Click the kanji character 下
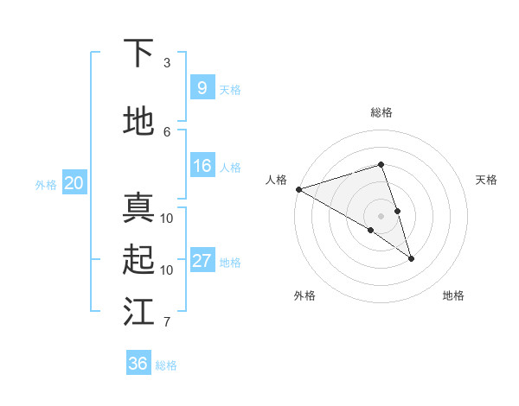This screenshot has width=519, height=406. (138, 53)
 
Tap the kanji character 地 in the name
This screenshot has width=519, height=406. (138, 121)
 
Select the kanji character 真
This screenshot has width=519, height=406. (138, 208)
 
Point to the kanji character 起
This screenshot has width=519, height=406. (138, 259)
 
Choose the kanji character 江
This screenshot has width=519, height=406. (138, 312)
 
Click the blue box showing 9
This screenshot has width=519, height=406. (202, 87)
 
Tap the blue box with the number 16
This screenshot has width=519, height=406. (202, 166)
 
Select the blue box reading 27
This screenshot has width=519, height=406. (202, 261)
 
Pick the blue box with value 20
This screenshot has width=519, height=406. (74, 183)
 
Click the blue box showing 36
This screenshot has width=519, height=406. (138, 364)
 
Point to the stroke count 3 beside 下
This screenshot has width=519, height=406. (167, 63)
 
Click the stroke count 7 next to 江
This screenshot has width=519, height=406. (167, 322)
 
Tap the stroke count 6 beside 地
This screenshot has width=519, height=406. (167, 131)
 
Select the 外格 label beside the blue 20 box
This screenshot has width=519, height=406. (46, 184)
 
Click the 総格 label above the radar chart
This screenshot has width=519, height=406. (381, 112)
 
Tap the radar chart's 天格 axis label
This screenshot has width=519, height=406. (487, 180)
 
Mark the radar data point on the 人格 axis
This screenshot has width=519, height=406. (298, 188)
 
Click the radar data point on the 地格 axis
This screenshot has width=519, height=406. (411, 257)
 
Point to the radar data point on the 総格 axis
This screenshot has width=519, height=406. (381, 164)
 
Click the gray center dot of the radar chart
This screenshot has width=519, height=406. (381, 215)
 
